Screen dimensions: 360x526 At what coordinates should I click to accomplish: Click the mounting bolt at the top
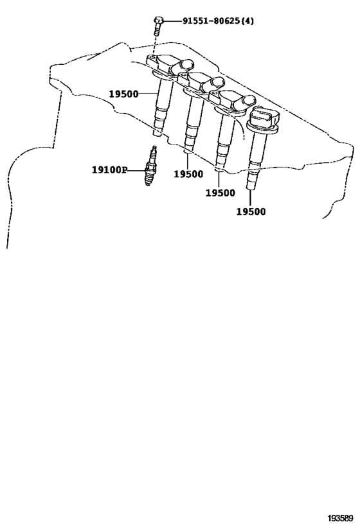click(159, 26)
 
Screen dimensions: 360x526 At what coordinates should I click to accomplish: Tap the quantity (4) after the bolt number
click(248, 21)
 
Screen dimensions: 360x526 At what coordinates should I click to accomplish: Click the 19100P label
click(110, 170)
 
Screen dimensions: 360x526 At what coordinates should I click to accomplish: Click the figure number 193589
click(341, 518)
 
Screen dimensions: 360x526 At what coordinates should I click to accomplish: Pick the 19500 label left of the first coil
click(123, 94)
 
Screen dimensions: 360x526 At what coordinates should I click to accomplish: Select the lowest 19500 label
click(251, 212)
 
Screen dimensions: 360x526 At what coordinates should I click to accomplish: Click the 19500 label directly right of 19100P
click(188, 174)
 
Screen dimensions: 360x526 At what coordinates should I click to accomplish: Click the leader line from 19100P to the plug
click(136, 171)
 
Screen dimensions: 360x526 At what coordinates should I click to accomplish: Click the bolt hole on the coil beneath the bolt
click(153, 58)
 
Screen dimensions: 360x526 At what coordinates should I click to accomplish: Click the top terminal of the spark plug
click(154, 148)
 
